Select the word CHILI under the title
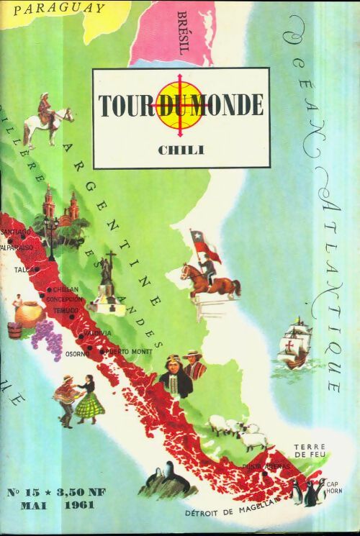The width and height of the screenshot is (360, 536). pos(181,149)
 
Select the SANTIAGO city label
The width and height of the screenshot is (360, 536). pos(17,232)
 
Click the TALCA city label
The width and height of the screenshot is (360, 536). pos(24,271)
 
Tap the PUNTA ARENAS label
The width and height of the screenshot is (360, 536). pos(266,466)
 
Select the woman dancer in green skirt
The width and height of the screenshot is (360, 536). pos(90,402)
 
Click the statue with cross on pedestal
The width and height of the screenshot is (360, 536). pos(108,284)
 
